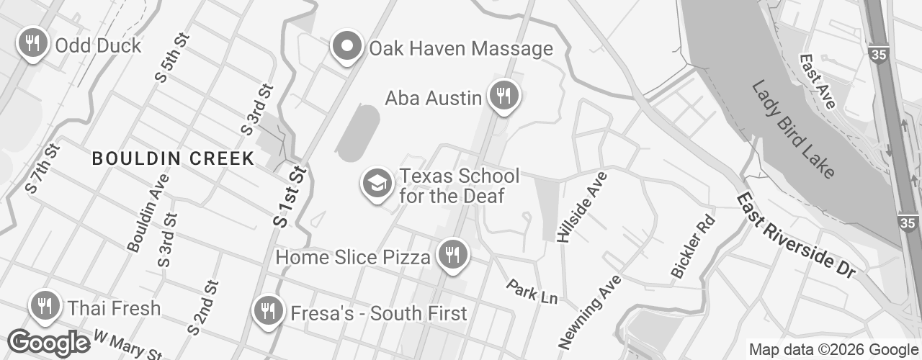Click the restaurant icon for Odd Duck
coord(32,43)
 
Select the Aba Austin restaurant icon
coord(503,95)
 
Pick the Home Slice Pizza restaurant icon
coord(452,255)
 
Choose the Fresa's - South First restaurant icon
coord(268,311)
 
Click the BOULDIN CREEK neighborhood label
coord(173,158)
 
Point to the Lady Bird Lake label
coord(793,130)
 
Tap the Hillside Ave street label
coord(578,206)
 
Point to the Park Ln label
coord(532,291)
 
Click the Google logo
coord(48,343)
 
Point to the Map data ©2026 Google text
coord(833,350)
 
